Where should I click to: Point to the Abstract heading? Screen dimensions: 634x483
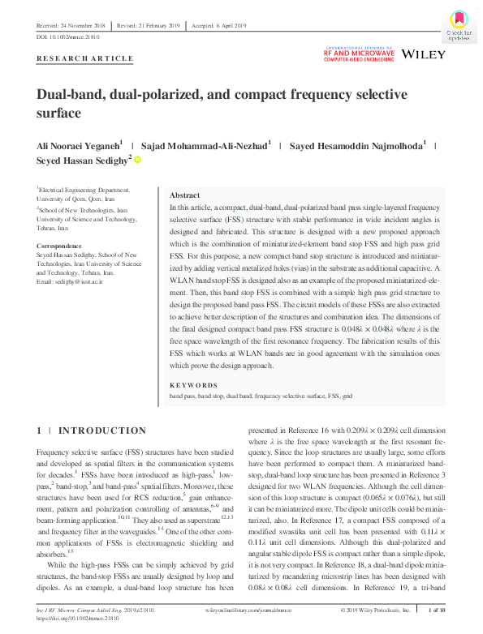tap(184, 196)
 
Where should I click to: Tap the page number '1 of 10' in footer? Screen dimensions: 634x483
tap(435, 609)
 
